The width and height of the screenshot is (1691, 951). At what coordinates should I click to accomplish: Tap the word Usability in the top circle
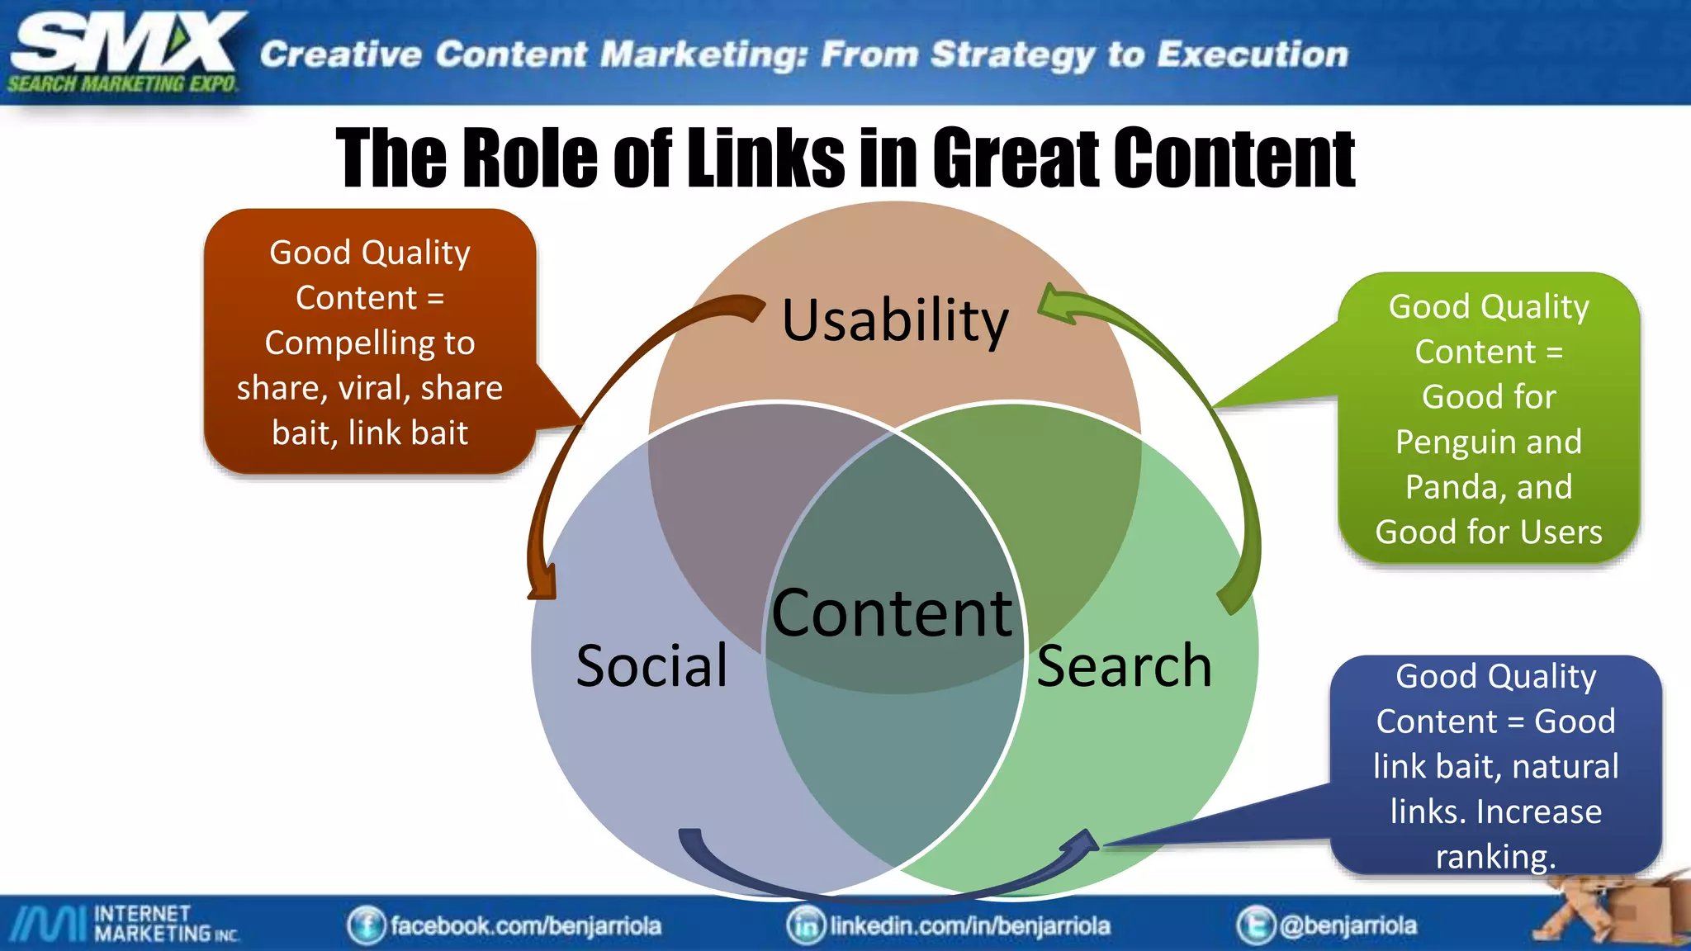click(x=895, y=320)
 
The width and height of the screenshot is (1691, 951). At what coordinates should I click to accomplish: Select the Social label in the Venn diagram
click(x=651, y=665)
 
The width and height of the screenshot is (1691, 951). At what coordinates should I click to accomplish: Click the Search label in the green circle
click(x=1124, y=665)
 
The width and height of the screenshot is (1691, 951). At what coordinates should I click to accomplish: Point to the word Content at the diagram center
click(x=892, y=613)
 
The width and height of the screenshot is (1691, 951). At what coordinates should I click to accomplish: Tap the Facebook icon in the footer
click(x=366, y=925)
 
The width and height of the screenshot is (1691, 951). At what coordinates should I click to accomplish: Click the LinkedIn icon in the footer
click(x=806, y=925)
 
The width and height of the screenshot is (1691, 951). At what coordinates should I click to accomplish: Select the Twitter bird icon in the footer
click(x=1255, y=925)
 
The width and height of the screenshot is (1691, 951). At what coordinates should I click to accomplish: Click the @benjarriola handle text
click(x=1348, y=925)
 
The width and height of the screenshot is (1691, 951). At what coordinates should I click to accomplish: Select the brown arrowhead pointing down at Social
click(x=542, y=584)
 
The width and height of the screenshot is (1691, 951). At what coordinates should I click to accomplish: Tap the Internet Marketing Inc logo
click(x=124, y=924)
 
